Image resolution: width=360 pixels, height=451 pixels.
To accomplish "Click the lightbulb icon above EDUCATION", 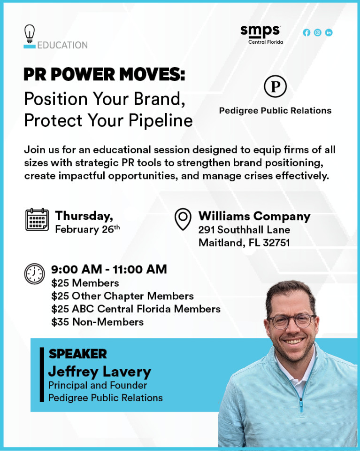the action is [x=30, y=34].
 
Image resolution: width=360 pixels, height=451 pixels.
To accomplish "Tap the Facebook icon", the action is [x=306, y=32].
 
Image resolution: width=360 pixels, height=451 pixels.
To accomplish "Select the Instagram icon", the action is [x=317, y=32].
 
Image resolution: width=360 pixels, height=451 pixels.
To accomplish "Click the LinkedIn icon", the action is [x=329, y=32].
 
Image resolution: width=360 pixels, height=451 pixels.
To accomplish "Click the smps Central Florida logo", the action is [x=261, y=34].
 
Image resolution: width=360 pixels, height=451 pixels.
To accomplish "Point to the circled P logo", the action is [x=275, y=86].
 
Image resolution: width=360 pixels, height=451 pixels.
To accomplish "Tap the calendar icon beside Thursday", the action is [x=37, y=219].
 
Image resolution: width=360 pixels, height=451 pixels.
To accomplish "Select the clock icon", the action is [x=34, y=274].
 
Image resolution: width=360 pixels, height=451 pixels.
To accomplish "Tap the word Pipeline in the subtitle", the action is [x=161, y=121].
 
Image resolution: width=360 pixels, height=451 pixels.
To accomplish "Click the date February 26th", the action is [x=87, y=229].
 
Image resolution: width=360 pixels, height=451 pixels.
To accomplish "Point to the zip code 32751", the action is [x=276, y=243].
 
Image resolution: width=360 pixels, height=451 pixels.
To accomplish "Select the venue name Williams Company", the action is [x=254, y=216].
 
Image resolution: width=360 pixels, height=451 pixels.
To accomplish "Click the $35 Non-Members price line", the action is [x=98, y=322].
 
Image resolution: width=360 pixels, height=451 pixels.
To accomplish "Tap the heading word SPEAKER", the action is [x=77, y=354].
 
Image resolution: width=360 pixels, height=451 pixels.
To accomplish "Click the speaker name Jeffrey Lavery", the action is [x=100, y=372].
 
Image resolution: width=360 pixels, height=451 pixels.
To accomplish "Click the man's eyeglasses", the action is [x=291, y=321].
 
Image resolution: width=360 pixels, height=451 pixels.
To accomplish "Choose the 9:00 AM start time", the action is [x=77, y=270].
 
